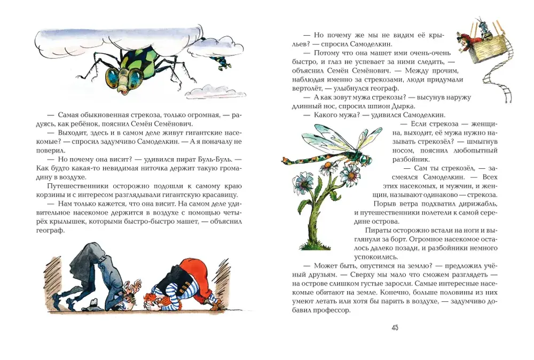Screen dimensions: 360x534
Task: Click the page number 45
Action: click(395, 328)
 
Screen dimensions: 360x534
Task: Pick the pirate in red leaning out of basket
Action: click(466, 42)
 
